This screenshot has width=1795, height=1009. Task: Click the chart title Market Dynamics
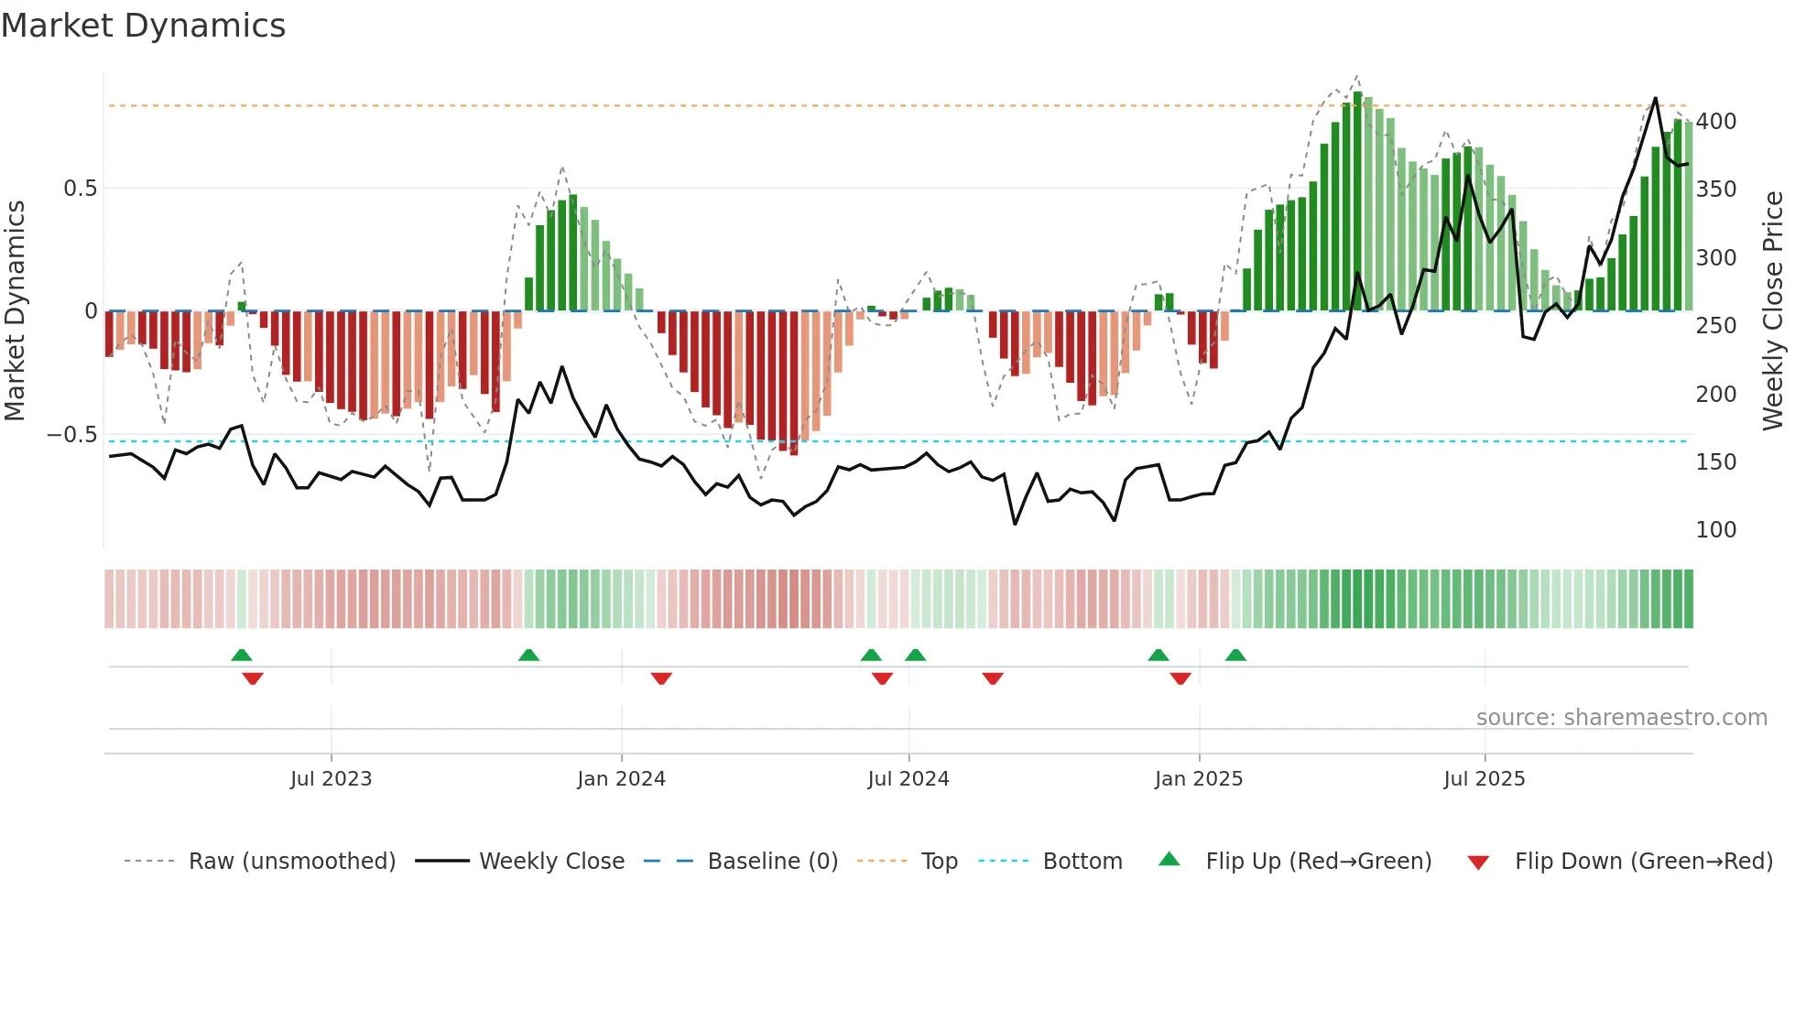[x=143, y=26]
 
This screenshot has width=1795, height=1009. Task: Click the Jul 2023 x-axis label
[x=331, y=779]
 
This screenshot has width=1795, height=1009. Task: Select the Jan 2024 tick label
[x=621, y=779]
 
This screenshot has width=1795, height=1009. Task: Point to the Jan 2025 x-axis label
[x=1198, y=779]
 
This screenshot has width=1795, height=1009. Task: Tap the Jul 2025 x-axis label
[x=1484, y=779]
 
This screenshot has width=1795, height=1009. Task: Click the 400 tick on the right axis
[x=1715, y=122]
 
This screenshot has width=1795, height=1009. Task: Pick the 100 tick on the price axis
[x=1715, y=530]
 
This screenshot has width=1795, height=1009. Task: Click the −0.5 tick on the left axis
[x=71, y=435]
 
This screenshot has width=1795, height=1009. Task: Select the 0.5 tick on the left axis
[x=80, y=189]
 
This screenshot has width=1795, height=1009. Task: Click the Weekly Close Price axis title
[x=1773, y=311]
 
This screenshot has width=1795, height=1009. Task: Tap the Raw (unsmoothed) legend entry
[x=291, y=862]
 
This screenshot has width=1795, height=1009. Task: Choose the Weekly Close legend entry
[x=551, y=862]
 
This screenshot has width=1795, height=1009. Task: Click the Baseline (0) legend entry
[x=772, y=862]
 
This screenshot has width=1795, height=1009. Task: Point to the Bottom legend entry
[x=1082, y=862]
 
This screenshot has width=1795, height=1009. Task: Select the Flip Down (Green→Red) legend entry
[x=1643, y=862]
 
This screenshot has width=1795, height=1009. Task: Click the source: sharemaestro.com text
[x=1621, y=718]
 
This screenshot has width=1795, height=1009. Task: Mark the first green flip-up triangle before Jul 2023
[x=241, y=655]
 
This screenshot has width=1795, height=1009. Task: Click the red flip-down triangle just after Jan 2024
[x=661, y=678]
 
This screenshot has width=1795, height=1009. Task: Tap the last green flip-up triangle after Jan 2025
[x=1235, y=655]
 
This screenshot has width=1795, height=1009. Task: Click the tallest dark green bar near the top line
[x=1357, y=201]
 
